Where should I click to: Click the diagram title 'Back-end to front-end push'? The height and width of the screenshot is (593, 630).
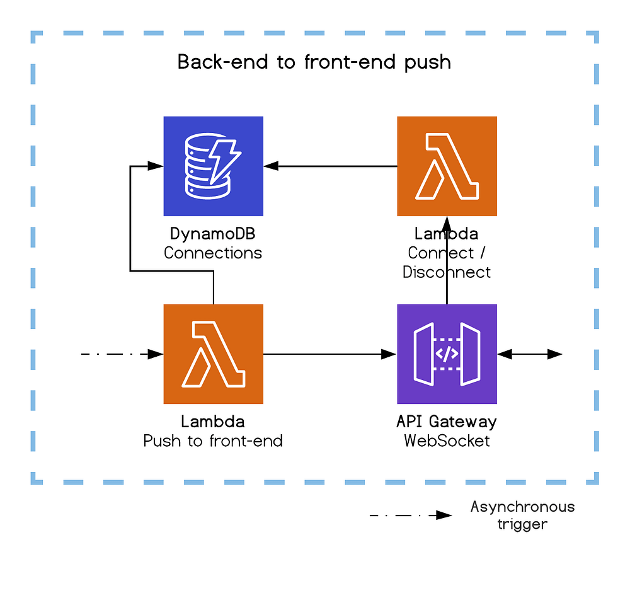314,62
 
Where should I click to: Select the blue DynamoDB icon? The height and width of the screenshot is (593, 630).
213,166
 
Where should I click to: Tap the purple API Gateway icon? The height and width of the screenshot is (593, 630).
447,354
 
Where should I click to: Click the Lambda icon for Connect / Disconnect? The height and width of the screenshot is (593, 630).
447,166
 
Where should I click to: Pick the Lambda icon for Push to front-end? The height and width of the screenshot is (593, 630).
213,354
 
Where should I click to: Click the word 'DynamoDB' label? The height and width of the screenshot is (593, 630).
213,234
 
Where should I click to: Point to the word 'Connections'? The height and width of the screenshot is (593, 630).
213,253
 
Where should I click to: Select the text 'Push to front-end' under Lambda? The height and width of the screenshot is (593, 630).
213,440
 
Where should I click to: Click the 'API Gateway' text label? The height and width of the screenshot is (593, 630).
447,421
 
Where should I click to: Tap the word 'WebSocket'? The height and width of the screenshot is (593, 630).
447,440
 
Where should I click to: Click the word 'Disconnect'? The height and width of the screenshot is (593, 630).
447,272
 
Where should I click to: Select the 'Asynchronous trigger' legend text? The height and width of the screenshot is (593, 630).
522,515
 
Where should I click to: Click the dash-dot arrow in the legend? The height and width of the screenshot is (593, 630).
410,515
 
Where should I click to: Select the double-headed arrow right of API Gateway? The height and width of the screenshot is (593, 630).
529,354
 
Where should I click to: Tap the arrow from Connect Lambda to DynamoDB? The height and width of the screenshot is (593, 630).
331,166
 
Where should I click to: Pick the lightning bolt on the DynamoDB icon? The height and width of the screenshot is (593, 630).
224,160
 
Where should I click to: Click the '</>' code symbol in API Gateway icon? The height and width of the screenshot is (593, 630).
447,354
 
